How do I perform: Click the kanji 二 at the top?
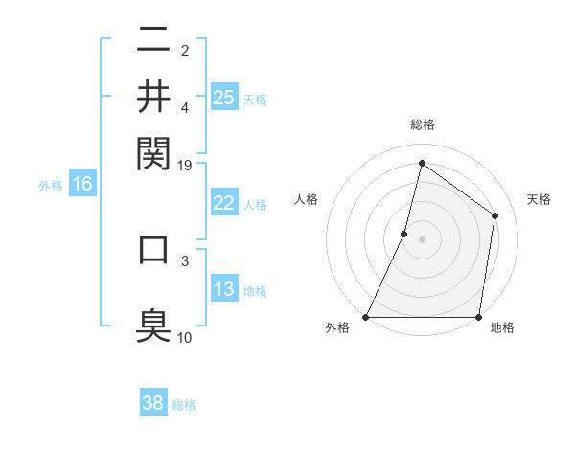[x=153, y=40]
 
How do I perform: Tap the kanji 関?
[x=153, y=151]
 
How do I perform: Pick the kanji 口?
[x=153, y=248]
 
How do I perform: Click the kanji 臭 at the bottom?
[x=153, y=324]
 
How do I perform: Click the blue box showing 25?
[x=224, y=97]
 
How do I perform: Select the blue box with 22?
[x=224, y=203]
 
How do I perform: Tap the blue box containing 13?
[x=224, y=289]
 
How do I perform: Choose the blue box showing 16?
[x=81, y=184]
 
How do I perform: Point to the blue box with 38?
[x=153, y=403]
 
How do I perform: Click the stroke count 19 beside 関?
[x=185, y=166]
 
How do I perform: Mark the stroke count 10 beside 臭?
[x=185, y=337]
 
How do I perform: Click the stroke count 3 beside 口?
[x=185, y=259]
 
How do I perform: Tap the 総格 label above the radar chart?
[x=422, y=125]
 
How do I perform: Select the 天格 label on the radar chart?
[x=539, y=199]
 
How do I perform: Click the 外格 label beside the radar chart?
[x=337, y=327]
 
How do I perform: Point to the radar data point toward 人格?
[x=404, y=234]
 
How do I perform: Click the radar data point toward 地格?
[x=478, y=317]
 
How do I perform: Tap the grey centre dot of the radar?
[x=422, y=239]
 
